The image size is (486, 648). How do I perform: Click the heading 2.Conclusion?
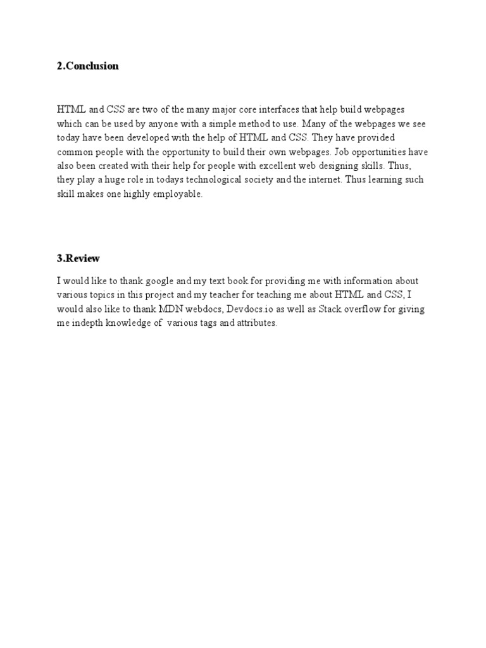(88, 66)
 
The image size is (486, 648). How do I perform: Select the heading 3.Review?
(78, 258)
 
